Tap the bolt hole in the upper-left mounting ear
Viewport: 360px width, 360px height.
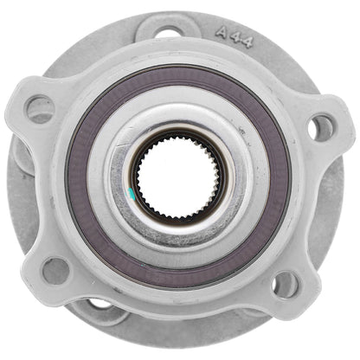[x=40, y=108]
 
